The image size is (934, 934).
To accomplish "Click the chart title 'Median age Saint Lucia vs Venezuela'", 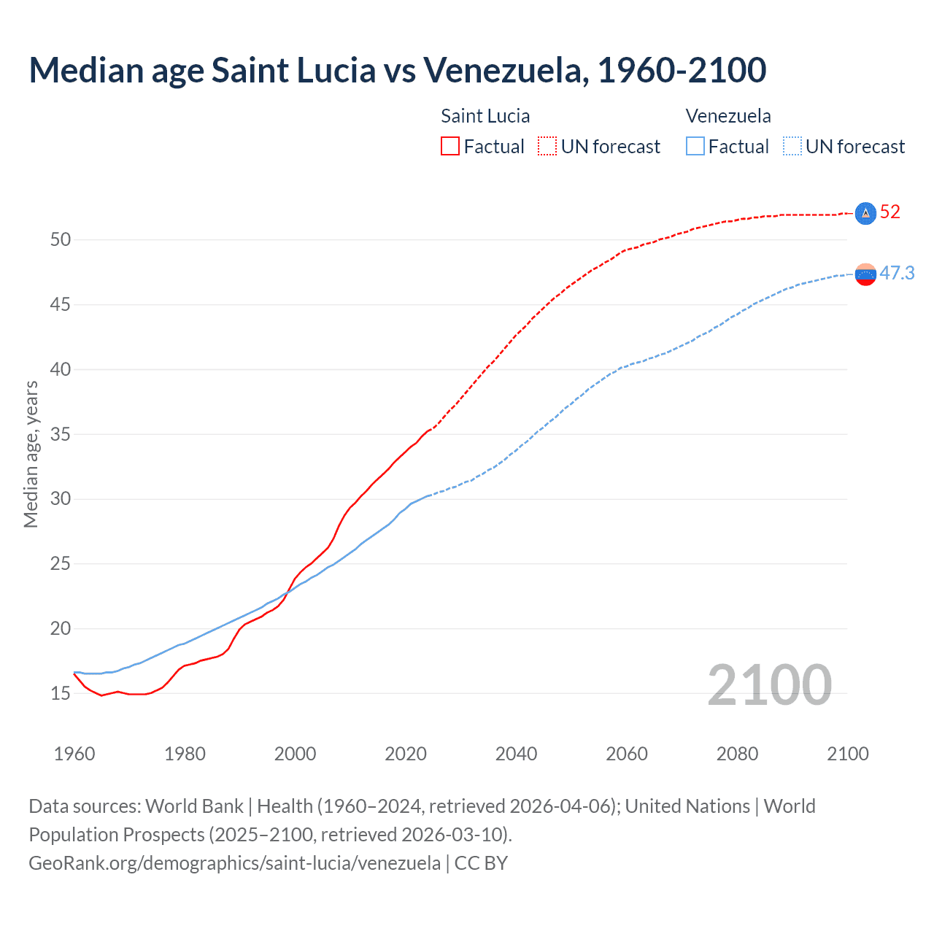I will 397,70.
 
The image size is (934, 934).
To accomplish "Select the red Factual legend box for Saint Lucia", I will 450,147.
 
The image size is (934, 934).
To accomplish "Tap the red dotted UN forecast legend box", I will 547,147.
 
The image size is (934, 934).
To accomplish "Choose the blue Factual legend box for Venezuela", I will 695,147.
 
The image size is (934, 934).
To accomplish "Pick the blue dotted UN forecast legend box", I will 792,147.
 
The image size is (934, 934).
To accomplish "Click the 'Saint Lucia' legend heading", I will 485,116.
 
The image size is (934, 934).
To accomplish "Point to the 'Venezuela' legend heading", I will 728,116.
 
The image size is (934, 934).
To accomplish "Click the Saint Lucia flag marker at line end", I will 865,213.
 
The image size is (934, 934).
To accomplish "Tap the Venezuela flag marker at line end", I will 865,274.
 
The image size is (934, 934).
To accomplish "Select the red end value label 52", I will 890,212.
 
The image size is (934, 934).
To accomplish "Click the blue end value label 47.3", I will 897,274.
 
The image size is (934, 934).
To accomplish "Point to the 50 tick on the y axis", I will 61,240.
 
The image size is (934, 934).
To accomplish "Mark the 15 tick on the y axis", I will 61,694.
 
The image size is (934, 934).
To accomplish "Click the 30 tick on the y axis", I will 61,499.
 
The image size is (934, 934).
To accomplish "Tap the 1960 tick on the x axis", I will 74,754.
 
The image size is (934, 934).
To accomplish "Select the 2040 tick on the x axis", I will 516,754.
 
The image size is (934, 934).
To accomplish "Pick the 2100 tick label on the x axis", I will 848,754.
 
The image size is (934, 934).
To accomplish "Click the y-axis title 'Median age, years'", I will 31,454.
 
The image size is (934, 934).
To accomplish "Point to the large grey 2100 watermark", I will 770,685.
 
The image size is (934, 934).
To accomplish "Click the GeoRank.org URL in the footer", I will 234,863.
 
